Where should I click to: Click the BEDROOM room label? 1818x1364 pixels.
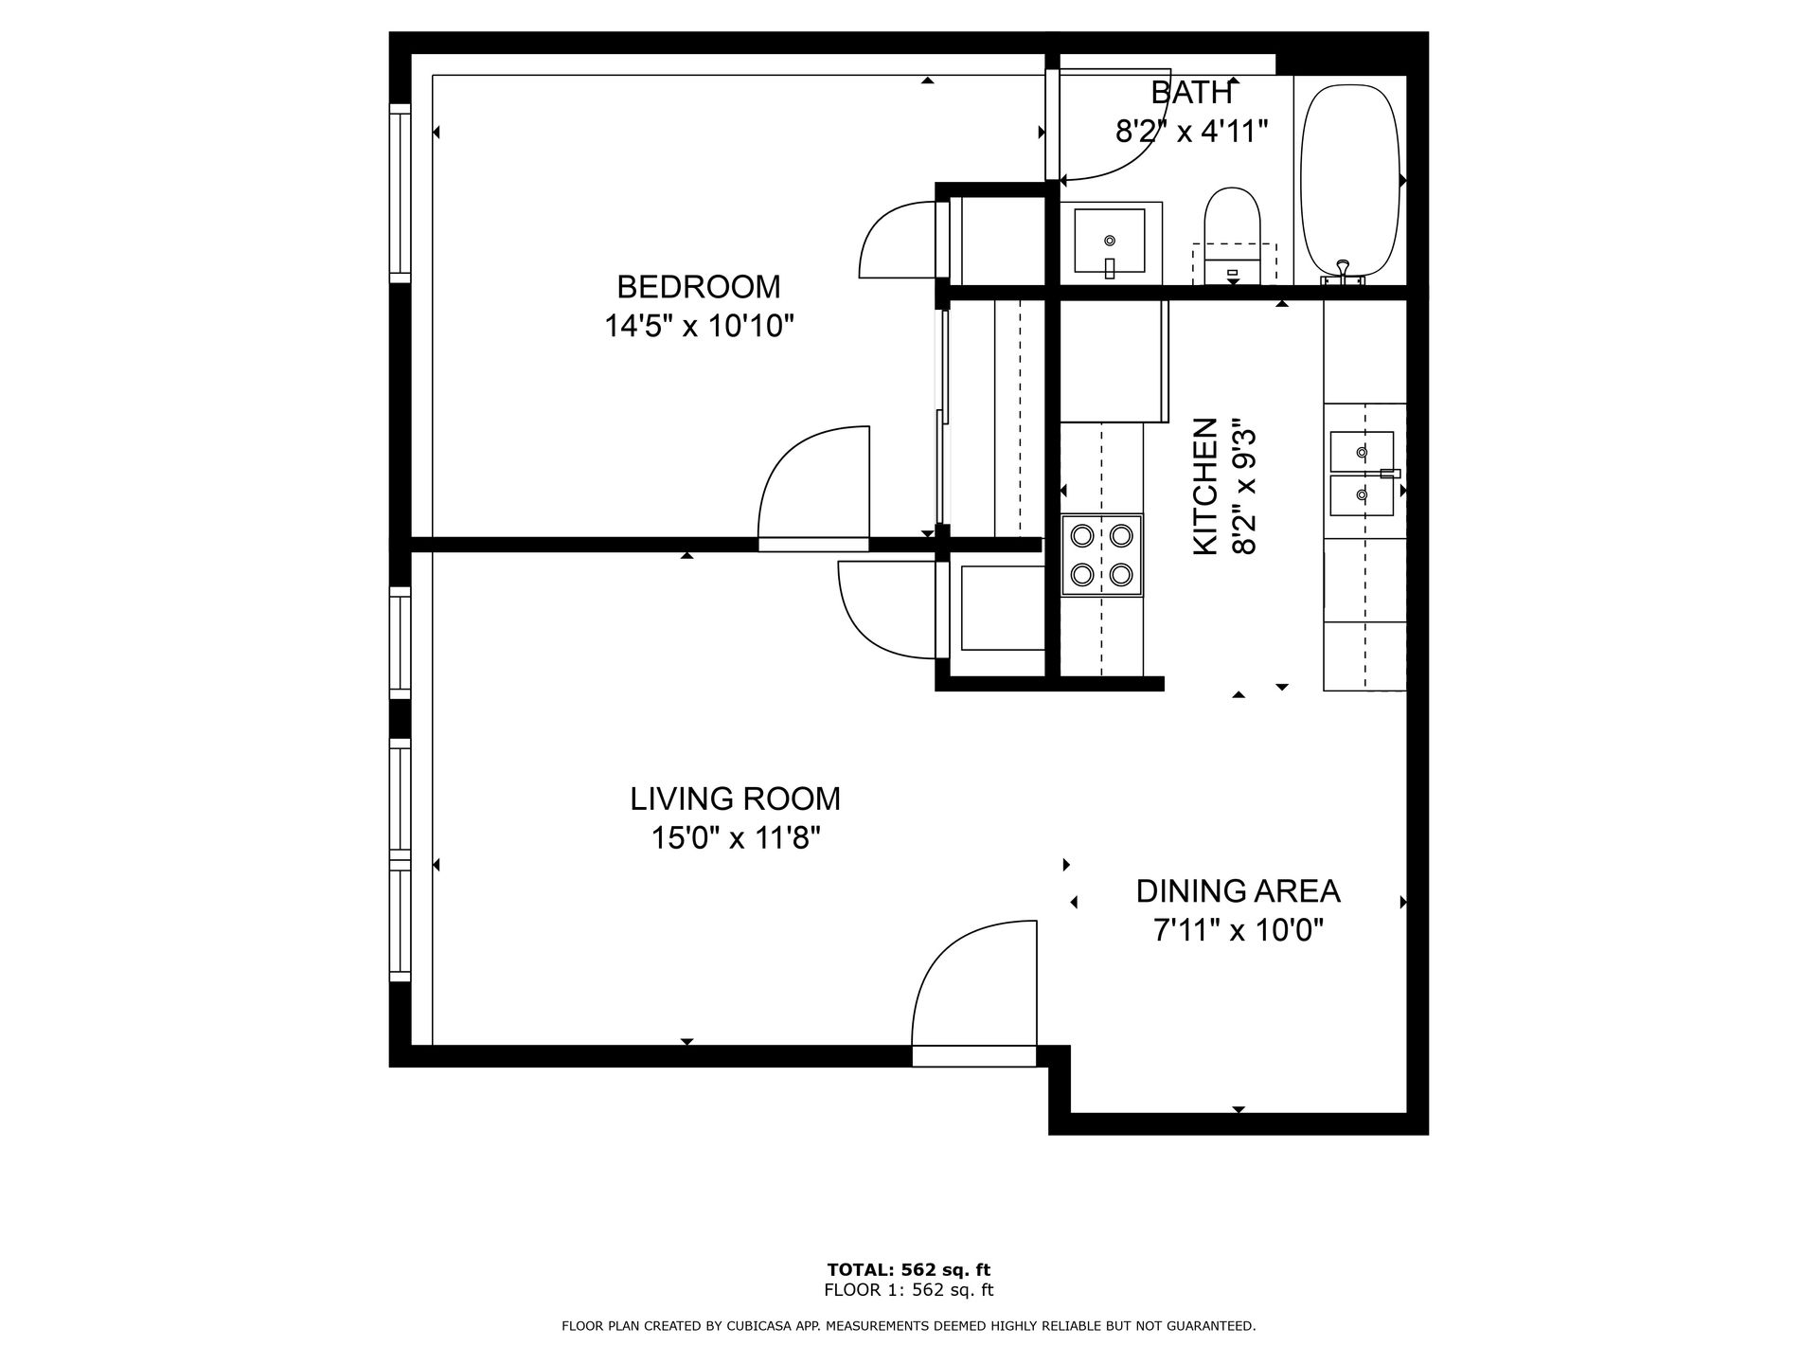pyautogui.click(x=699, y=286)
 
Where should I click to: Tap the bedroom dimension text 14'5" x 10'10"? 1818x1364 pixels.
pyautogui.click(x=699, y=326)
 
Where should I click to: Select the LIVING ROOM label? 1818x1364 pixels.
pyautogui.click(x=736, y=799)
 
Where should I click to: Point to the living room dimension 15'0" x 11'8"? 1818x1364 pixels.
pyautogui.click(x=736, y=838)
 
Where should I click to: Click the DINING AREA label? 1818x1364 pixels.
pyautogui.click(x=1239, y=891)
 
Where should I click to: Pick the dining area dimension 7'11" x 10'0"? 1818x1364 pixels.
pyautogui.click(x=1239, y=931)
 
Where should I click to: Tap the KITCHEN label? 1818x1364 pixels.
pyautogui.click(x=1205, y=487)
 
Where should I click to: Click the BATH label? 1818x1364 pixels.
pyautogui.click(x=1192, y=93)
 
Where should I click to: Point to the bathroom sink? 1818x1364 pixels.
pyautogui.click(x=1110, y=242)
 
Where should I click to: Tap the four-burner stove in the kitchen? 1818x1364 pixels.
pyautogui.click(x=1102, y=555)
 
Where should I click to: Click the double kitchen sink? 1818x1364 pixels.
pyautogui.click(x=1363, y=474)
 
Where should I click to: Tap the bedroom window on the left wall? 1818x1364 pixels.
pyautogui.click(x=401, y=192)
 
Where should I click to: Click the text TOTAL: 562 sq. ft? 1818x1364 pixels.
pyautogui.click(x=909, y=1269)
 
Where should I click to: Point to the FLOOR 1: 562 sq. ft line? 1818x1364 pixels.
pyautogui.click(x=909, y=1290)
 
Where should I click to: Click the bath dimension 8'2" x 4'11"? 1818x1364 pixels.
pyautogui.click(x=1192, y=131)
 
